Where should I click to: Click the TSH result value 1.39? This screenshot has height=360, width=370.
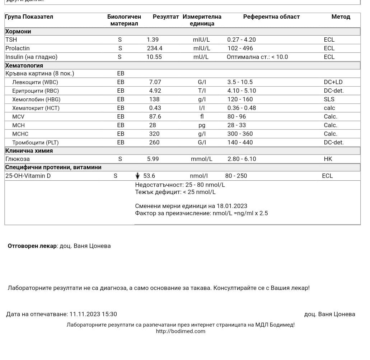coord(153,40)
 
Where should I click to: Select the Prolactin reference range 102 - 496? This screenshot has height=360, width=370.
coord(240,49)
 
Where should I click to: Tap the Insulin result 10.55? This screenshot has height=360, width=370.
coord(154,57)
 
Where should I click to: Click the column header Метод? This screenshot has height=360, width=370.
coord(341,17)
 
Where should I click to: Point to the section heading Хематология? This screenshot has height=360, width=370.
coord(24,66)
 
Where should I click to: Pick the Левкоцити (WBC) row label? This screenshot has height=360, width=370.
coord(35,82)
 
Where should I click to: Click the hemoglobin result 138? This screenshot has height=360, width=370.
coord(154,100)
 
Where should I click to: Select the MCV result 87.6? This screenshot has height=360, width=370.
coord(155,117)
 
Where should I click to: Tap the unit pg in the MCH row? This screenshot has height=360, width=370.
coord(202,125)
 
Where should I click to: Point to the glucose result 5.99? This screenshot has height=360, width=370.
coord(153,159)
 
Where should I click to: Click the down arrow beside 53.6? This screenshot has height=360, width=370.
coord(137,176)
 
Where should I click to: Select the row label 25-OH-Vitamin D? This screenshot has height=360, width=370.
coord(28,176)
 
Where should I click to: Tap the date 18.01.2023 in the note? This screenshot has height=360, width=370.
coord(232,206)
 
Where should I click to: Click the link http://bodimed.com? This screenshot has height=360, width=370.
coord(181,332)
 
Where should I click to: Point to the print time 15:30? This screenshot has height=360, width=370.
coord(109,314)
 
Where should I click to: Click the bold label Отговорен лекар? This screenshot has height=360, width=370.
coord(32,246)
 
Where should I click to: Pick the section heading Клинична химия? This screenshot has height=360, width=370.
coord(29,151)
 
